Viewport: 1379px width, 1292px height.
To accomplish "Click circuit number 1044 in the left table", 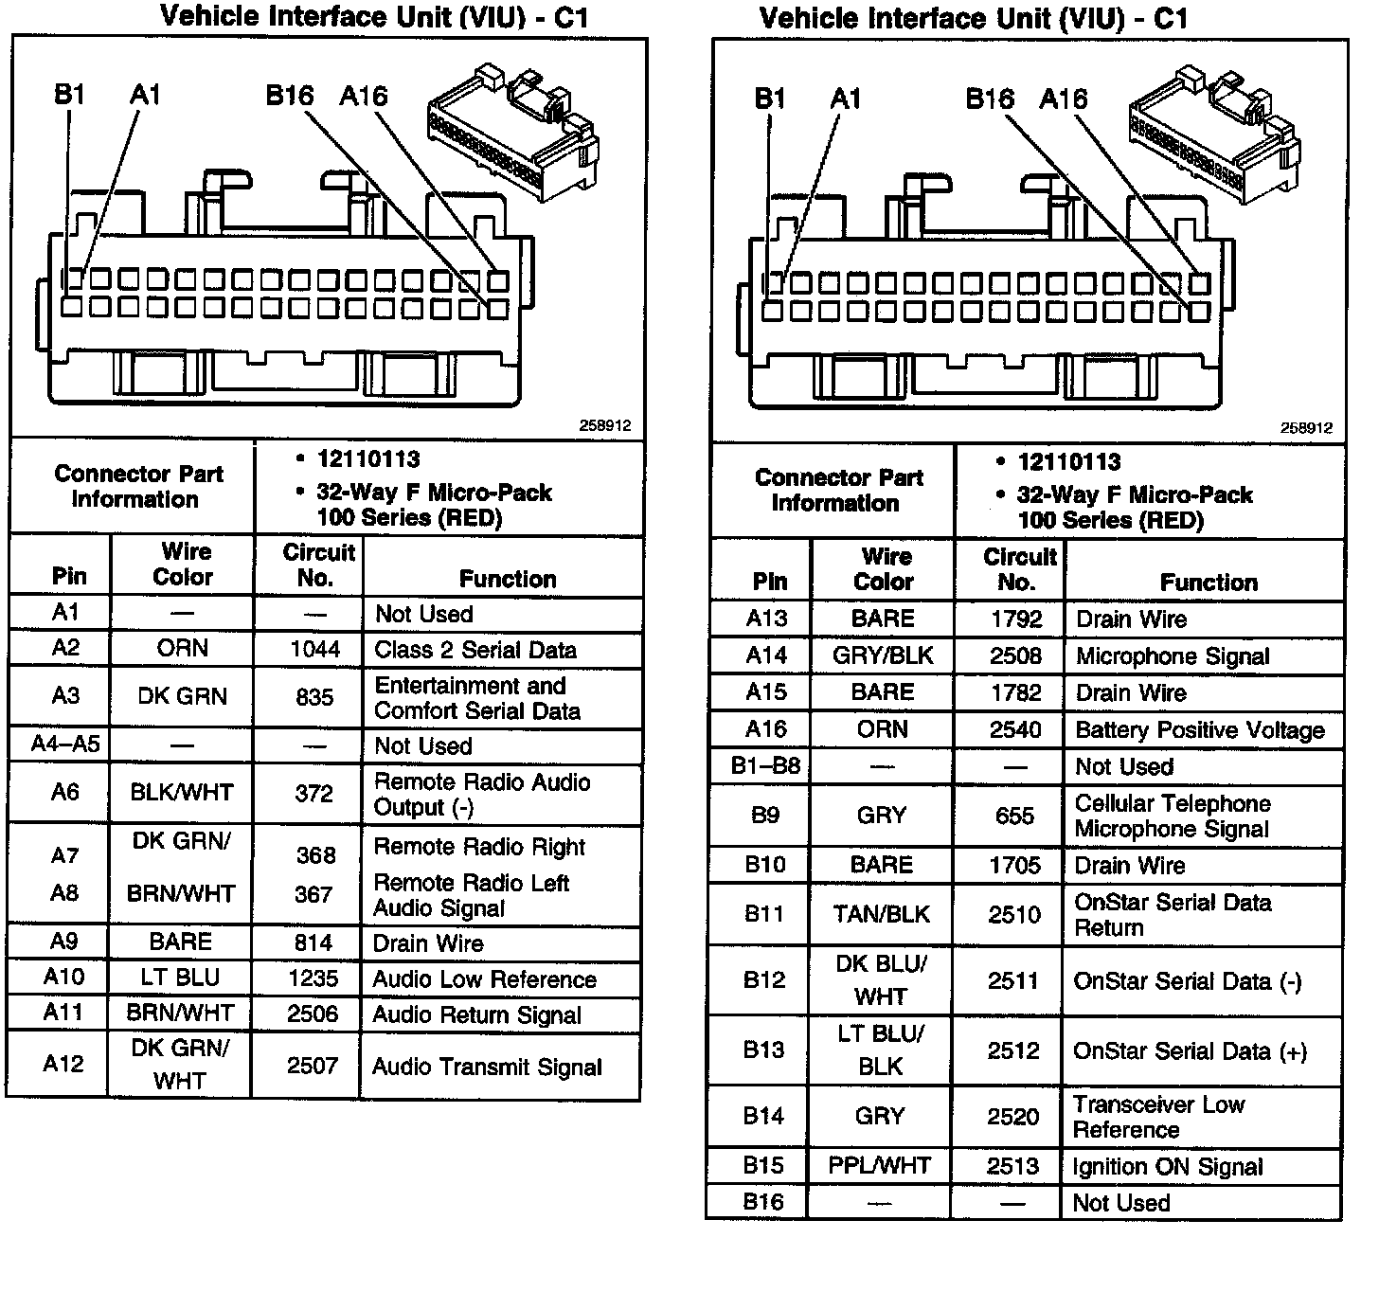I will click(313, 649).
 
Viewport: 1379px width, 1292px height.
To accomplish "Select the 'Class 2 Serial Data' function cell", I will click(475, 650).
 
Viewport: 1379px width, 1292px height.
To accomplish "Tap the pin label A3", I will click(64, 695).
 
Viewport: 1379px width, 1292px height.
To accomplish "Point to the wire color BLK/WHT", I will click(181, 792).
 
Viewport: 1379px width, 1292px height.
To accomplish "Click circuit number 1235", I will click(313, 978).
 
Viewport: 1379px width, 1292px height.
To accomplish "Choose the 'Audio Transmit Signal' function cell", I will click(487, 1067).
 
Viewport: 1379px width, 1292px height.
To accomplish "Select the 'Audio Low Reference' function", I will click(484, 978).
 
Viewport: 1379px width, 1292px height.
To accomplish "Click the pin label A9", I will click(64, 942).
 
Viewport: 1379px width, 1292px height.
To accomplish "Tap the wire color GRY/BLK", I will click(882, 655).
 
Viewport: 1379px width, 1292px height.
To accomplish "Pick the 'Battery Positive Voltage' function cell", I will click(1199, 729).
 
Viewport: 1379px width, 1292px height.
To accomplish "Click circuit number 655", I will click(1014, 816).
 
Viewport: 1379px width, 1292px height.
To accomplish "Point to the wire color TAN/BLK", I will click(881, 914).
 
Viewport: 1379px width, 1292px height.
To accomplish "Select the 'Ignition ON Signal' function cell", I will click(1167, 1166).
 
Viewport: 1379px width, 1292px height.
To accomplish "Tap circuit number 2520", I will click(1013, 1117).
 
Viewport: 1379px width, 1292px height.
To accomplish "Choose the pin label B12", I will click(763, 980).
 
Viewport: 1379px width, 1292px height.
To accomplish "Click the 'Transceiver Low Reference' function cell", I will click(1158, 1117).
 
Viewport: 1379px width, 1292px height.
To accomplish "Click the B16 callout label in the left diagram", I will click(289, 96).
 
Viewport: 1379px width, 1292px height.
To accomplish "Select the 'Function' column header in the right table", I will click(1209, 582).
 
